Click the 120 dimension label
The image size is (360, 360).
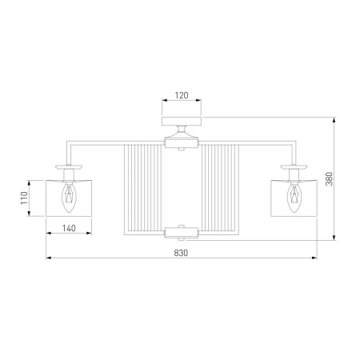click(x=182, y=95)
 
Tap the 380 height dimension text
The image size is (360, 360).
click(x=330, y=178)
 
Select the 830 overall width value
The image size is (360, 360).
click(x=181, y=253)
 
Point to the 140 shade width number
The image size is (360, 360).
click(x=69, y=228)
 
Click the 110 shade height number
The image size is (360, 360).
click(x=24, y=198)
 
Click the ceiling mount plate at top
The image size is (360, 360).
click(x=182, y=121)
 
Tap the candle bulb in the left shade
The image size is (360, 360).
click(x=69, y=197)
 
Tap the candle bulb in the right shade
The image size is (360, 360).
click(x=294, y=197)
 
